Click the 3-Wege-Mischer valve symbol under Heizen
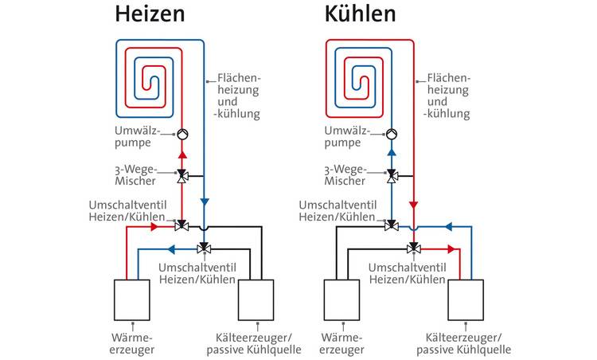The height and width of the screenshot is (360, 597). tap(181, 174)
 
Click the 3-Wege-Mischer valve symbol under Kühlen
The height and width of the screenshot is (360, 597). tap(392, 174)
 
